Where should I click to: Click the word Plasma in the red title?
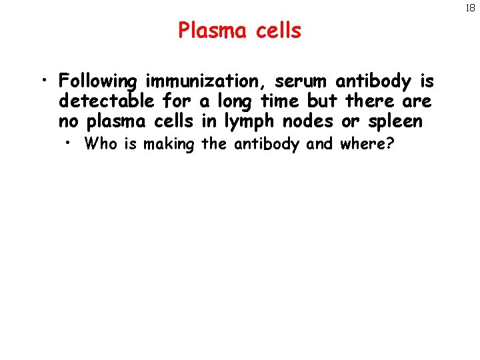point(213,31)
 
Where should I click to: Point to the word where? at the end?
point(367,143)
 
